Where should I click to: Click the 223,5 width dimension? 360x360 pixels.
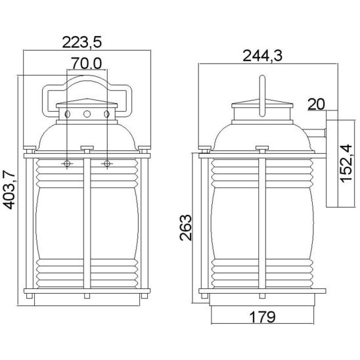pos(81,43)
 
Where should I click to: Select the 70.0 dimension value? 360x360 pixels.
pos(86,63)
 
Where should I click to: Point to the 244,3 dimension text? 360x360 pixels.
pos(262,56)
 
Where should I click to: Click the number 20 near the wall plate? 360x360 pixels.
pos(316,104)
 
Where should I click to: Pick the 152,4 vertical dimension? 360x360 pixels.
pos(346,164)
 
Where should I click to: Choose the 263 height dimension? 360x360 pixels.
pos(185,227)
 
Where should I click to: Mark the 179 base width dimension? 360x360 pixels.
pos(262,317)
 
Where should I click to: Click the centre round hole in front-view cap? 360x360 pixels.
pos(87,114)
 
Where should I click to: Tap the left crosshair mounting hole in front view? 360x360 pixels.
pos(67,164)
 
